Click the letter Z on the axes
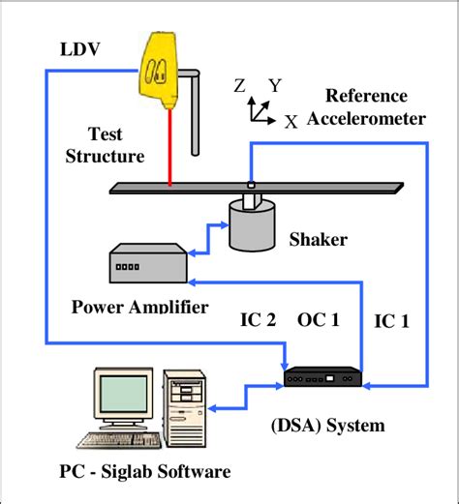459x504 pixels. click(239, 85)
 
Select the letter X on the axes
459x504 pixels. click(291, 121)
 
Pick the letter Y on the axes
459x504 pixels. click(275, 86)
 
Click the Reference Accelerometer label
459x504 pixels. click(366, 107)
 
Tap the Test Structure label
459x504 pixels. click(105, 145)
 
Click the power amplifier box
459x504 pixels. click(147, 263)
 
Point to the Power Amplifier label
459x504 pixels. click(139, 309)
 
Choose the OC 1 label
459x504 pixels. click(318, 320)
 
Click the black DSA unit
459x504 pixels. click(321, 376)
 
